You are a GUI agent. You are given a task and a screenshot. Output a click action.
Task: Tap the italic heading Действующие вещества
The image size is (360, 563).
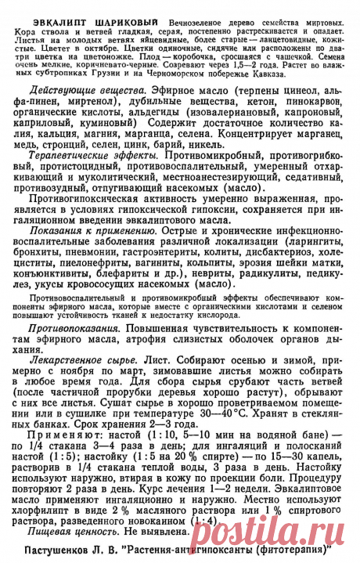click(75, 92)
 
